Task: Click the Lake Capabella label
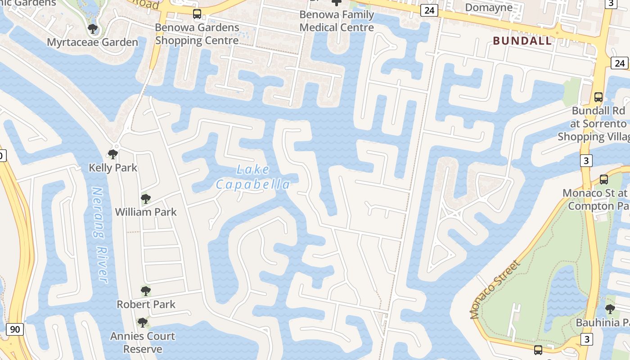coord(253,177)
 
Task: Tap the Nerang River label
coord(100,235)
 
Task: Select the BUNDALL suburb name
coord(522,41)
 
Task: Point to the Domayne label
coord(489,7)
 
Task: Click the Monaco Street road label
coord(495,289)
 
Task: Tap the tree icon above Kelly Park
coord(113,154)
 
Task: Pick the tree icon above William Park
coord(145,198)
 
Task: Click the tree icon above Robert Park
coord(145,291)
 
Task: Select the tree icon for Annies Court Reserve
coord(143,323)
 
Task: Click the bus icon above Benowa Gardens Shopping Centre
coord(197,14)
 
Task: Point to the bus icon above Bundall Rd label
coord(598,97)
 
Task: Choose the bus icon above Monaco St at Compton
coord(604,180)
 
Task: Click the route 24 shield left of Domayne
coord(429,10)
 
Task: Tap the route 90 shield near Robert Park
coord(15,329)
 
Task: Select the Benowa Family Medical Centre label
coord(337,21)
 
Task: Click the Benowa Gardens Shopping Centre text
coord(197,34)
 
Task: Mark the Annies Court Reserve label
coord(143,342)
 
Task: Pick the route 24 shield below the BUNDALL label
coord(619,63)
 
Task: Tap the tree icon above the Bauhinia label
coord(610,309)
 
